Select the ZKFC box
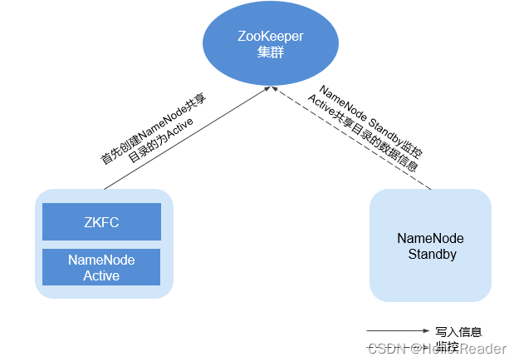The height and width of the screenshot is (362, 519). pyautogui.click(x=101, y=222)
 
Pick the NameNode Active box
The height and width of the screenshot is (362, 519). pyautogui.click(x=101, y=267)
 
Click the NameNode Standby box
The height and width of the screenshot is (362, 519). pyautogui.click(x=431, y=245)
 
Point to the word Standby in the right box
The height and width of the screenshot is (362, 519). pyautogui.click(x=432, y=254)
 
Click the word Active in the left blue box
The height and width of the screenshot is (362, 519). pyautogui.click(x=101, y=275)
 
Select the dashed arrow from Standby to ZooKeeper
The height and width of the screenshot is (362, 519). pyautogui.click(x=357, y=137)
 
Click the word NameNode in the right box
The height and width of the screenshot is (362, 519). pyautogui.click(x=431, y=238)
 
